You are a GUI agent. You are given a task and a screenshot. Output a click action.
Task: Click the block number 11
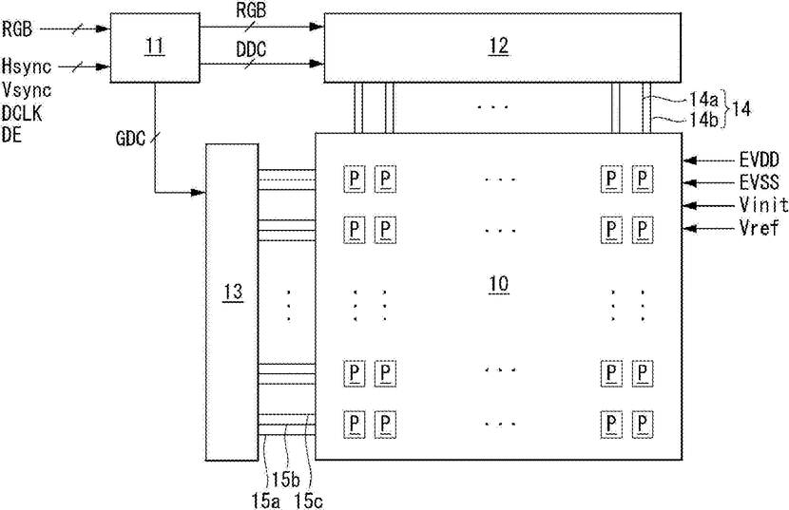coord(155,47)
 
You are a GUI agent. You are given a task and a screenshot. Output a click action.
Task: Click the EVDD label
coord(760,161)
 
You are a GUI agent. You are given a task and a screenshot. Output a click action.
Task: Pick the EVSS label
coord(760,182)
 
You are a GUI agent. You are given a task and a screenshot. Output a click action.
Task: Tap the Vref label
coord(760,227)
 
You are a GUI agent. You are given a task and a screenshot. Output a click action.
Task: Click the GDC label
coord(130,139)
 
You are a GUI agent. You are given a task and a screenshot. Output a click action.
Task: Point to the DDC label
coord(251,49)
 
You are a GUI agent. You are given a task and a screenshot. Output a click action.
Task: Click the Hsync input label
coord(27,66)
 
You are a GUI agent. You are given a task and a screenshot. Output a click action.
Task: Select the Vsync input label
coord(27,90)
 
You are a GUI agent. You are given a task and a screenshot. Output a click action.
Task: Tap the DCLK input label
coord(22,113)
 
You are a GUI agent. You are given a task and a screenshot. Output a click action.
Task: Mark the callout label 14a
coord(703,100)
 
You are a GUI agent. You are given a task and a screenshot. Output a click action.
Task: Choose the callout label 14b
coord(703,120)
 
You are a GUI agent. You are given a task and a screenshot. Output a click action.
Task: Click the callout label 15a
coord(266,501)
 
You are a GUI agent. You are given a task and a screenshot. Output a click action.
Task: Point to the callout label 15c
coord(308,501)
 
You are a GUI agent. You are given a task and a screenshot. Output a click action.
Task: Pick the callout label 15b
coord(286,481)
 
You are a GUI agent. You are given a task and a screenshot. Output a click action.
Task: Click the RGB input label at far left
coord(16,29)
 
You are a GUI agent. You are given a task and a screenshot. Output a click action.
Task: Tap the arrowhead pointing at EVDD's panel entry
coord(690,161)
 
